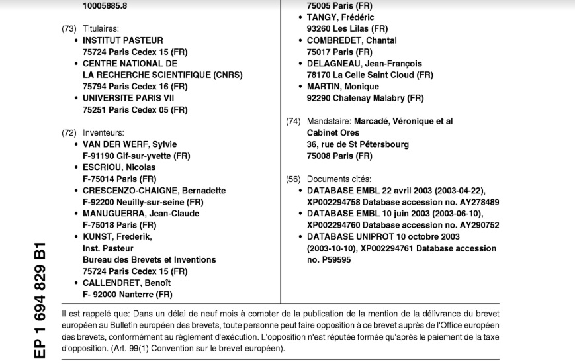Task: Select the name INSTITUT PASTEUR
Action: point(122,40)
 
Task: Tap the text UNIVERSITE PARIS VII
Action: point(128,98)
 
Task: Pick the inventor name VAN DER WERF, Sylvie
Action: point(130,144)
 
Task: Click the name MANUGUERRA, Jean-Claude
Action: point(141,214)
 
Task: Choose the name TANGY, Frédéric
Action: point(341,17)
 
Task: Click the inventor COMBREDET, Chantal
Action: point(352,40)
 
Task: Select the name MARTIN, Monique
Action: point(343,87)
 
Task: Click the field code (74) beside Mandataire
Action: point(293,122)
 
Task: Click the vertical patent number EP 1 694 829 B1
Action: point(39,301)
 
